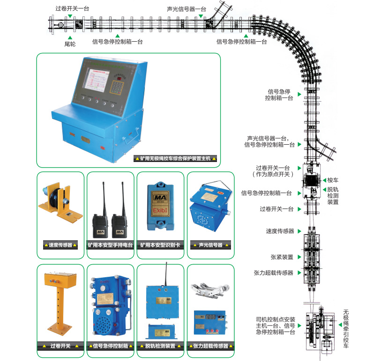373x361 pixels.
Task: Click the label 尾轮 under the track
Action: tap(70, 43)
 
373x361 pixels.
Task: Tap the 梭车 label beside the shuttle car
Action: tap(333, 180)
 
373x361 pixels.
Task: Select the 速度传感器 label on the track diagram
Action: tap(280, 231)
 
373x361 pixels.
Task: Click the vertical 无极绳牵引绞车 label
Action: tap(346, 328)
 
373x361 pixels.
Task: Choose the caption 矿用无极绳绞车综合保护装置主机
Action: tap(176, 159)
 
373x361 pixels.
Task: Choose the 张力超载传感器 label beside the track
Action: tap(274, 273)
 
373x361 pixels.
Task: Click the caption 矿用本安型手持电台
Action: tap(111, 245)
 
